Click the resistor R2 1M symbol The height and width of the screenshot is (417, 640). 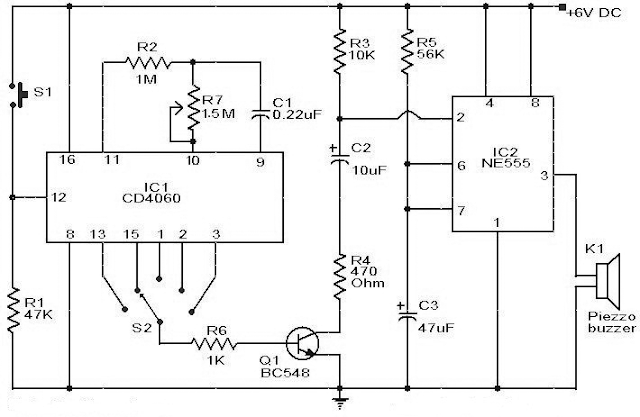pos(149,61)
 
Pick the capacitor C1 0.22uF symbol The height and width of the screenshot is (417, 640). pos(260,113)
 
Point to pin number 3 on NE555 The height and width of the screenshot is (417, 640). pos(542,176)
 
